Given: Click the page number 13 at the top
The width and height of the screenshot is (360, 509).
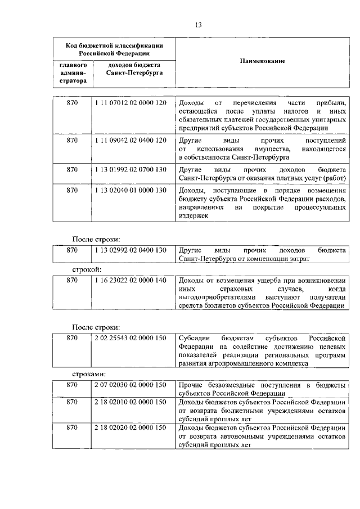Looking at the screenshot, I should point(198,24).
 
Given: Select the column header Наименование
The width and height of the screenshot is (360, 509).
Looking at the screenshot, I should point(263,61).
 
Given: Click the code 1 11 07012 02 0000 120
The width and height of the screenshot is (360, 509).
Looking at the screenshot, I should point(130,104).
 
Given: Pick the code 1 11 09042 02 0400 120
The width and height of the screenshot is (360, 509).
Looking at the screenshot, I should point(130,139).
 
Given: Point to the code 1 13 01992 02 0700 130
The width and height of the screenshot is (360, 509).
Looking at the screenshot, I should point(130,169).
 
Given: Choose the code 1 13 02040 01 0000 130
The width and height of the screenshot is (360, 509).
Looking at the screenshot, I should point(130,190).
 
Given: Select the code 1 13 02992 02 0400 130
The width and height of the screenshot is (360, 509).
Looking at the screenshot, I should point(130,250).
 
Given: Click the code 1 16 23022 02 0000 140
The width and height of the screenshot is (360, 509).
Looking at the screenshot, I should point(130,280).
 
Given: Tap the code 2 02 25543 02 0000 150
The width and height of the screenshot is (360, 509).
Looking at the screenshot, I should point(130,337).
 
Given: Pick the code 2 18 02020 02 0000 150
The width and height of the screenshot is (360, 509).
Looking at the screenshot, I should point(130,428).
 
